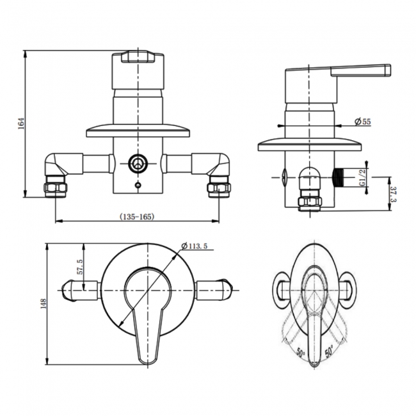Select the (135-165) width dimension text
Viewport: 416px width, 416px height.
tap(136, 216)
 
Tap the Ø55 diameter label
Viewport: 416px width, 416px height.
tap(363, 122)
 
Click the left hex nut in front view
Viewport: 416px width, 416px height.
tap(55, 189)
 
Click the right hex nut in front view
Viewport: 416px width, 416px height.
tap(218, 188)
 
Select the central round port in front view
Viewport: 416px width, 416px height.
tap(136, 164)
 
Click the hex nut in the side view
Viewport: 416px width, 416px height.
tap(310, 202)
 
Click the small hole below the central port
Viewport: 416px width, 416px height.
tap(136, 186)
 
